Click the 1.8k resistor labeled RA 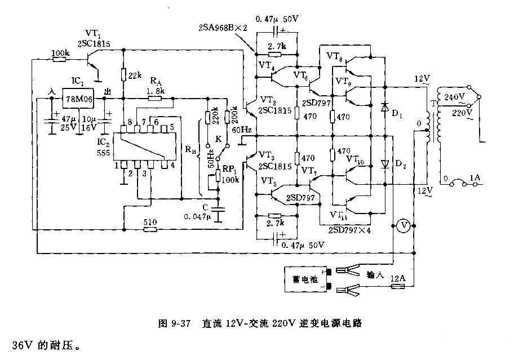(x=155, y=98)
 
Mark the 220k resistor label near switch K (x=215, y=116)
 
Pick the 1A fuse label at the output (x=476, y=179)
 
